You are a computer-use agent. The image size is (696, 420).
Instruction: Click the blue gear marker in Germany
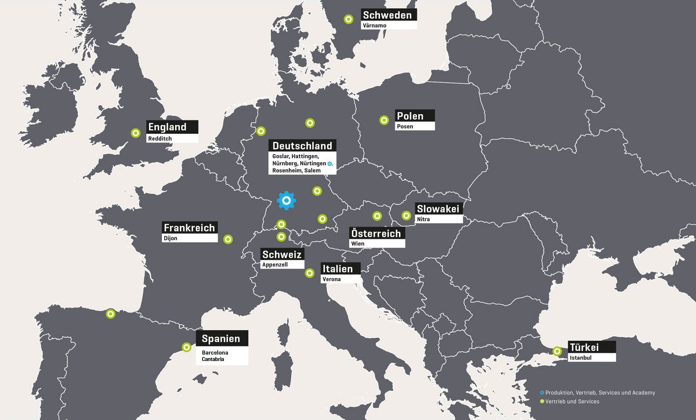tap(287, 200)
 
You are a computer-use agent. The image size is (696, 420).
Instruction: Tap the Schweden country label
tap(387, 15)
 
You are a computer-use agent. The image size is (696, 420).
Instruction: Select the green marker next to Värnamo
tap(348, 19)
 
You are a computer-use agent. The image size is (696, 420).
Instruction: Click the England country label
tap(168, 127)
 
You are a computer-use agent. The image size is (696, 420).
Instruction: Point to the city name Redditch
tap(159, 139)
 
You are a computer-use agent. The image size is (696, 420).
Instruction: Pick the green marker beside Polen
tap(384, 120)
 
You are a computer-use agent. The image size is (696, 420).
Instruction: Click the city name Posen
tap(405, 126)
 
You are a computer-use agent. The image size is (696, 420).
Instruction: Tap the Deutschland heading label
tap(302, 145)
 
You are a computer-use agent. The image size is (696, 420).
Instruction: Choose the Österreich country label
tap(376, 233)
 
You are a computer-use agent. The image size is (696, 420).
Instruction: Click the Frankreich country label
tap(190, 228)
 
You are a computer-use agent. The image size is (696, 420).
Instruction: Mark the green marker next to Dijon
tap(229, 239)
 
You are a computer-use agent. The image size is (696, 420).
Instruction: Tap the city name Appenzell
tap(275, 265)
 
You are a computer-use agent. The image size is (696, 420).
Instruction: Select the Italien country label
tap(337, 268)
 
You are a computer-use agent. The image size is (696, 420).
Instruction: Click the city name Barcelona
tap(215, 352)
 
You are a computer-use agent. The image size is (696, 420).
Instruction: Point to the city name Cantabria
tap(214, 359)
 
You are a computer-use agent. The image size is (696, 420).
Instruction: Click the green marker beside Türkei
tap(557, 350)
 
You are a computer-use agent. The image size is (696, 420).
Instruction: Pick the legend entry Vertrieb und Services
tap(572, 401)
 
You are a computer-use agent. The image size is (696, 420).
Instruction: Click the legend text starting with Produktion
tap(600, 393)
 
